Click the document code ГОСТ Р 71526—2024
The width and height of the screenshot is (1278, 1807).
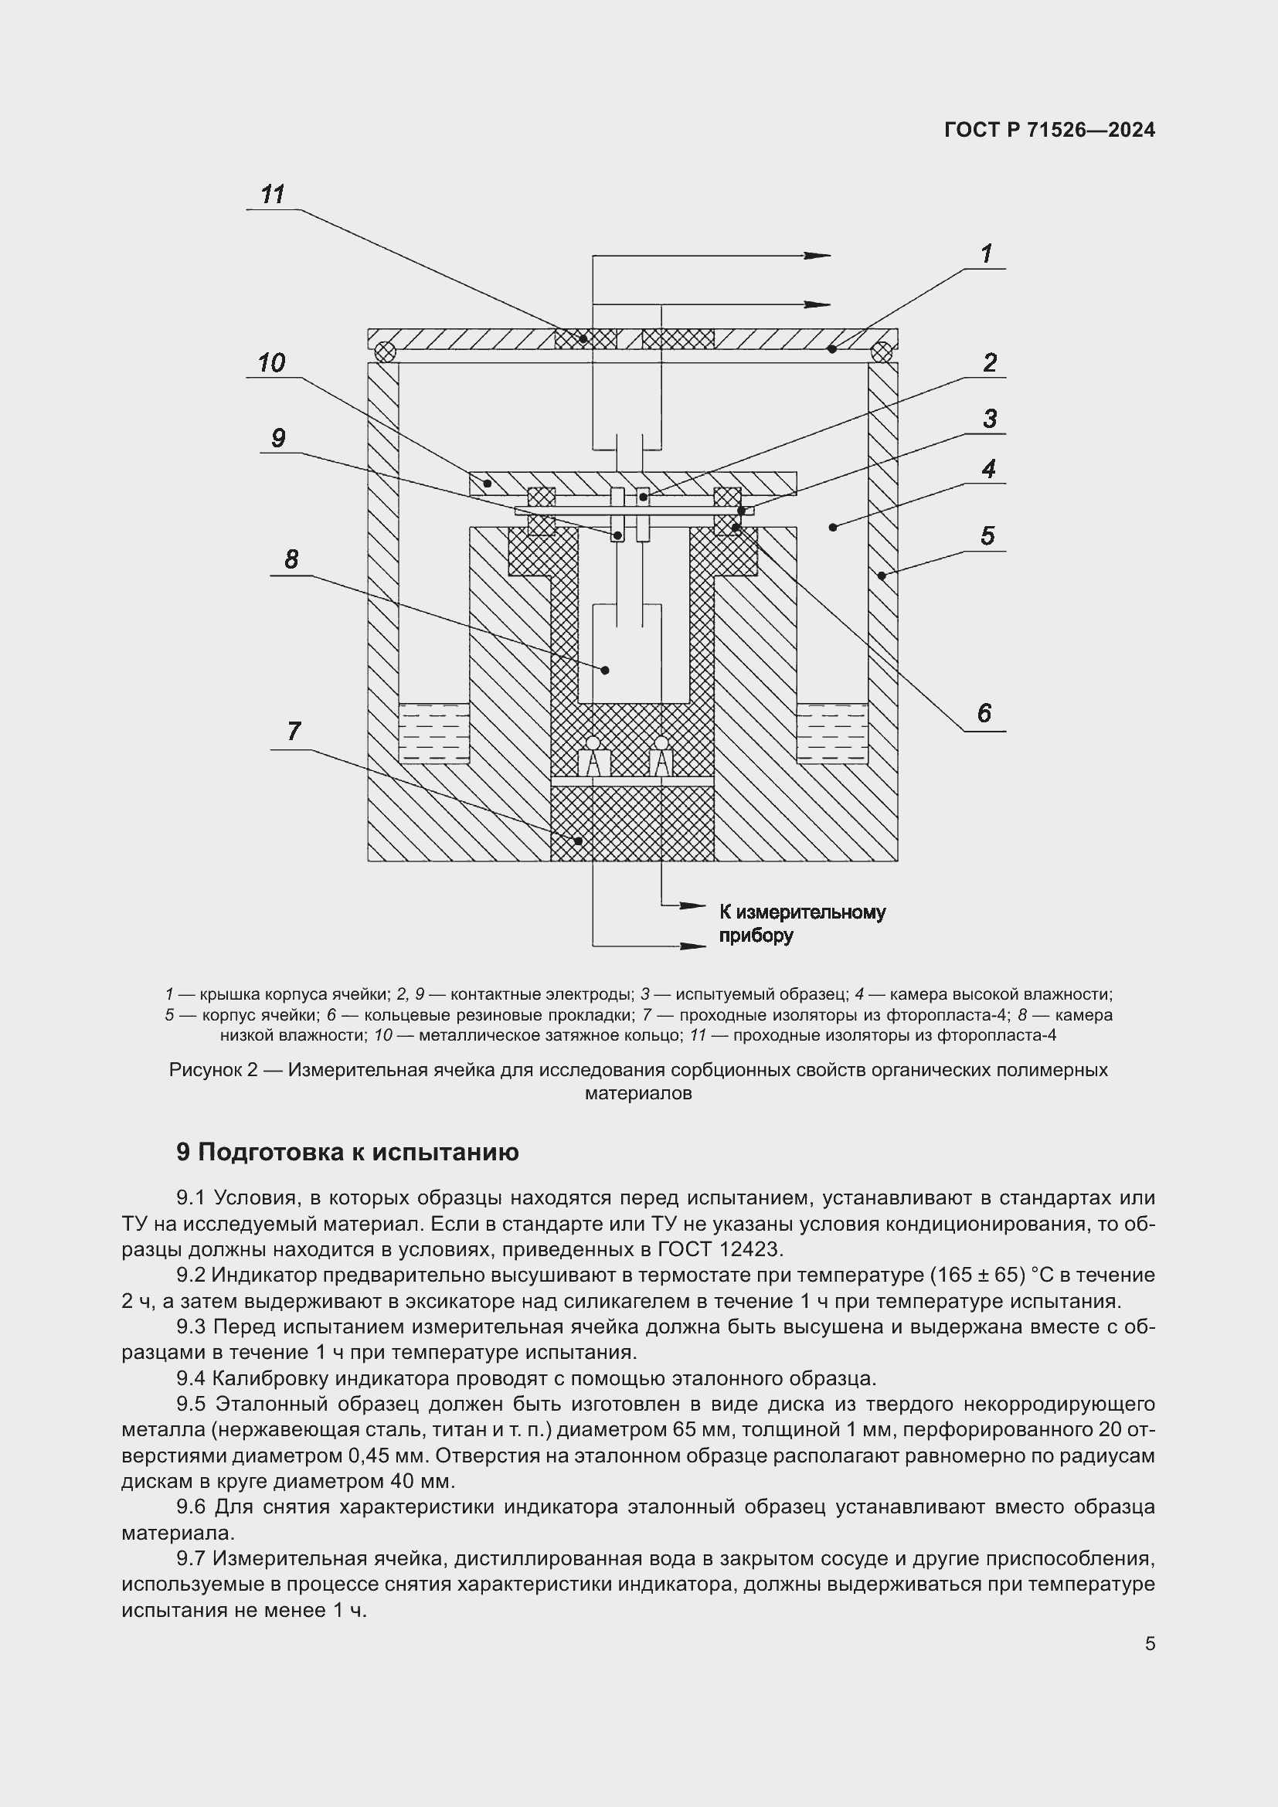pyautogui.click(x=1049, y=130)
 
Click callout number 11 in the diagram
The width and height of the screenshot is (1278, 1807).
pyautogui.click(x=272, y=195)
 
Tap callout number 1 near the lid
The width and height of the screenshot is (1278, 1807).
pyautogui.click(x=986, y=253)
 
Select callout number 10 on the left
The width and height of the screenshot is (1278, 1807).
pyautogui.click(x=271, y=363)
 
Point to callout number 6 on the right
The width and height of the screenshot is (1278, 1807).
pyautogui.click(x=984, y=713)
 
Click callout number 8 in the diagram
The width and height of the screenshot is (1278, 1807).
pyautogui.click(x=291, y=559)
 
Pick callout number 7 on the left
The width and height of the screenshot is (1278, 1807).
pyautogui.click(x=294, y=731)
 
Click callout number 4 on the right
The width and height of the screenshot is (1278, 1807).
pyautogui.click(x=988, y=469)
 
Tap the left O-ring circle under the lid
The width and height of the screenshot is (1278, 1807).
pyautogui.click(x=385, y=351)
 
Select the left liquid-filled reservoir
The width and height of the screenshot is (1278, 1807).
pyautogui.click(x=433, y=733)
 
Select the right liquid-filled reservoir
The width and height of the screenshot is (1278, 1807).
pyautogui.click(x=832, y=733)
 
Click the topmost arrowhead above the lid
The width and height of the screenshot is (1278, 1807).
pyautogui.click(x=818, y=255)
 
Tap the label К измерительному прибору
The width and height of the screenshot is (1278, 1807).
pyautogui.click(x=801, y=924)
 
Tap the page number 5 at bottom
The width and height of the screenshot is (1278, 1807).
pyautogui.click(x=1150, y=1644)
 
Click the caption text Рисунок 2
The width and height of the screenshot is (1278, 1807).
pyautogui.click(x=213, y=1070)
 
